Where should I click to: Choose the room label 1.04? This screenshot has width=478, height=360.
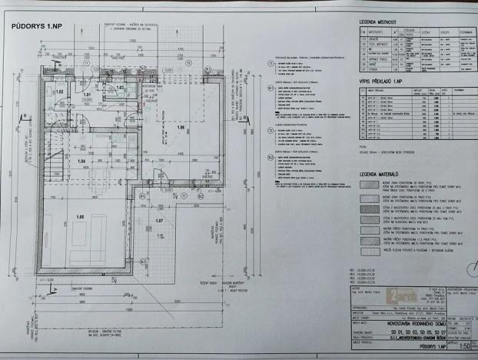[81, 162]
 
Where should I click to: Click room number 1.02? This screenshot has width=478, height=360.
[59, 92]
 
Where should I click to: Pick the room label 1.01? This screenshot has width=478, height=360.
[87, 96]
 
